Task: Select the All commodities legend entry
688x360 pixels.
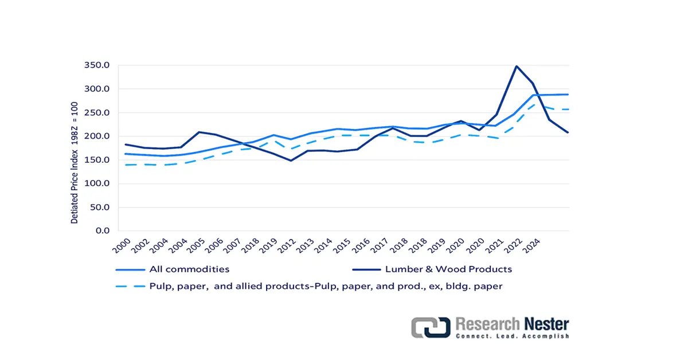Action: (x=189, y=269)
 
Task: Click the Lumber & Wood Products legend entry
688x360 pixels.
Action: (x=448, y=269)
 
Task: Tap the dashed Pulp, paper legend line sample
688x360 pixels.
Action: (x=129, y=287)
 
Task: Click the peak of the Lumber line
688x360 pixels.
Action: (x=516, y=66)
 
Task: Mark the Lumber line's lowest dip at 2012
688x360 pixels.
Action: (x=291, y=161)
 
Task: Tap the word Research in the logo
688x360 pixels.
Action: (x=487, y=324)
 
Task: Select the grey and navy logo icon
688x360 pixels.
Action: (x=430, y=327)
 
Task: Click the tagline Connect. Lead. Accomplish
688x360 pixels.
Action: (x=512, y=336)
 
